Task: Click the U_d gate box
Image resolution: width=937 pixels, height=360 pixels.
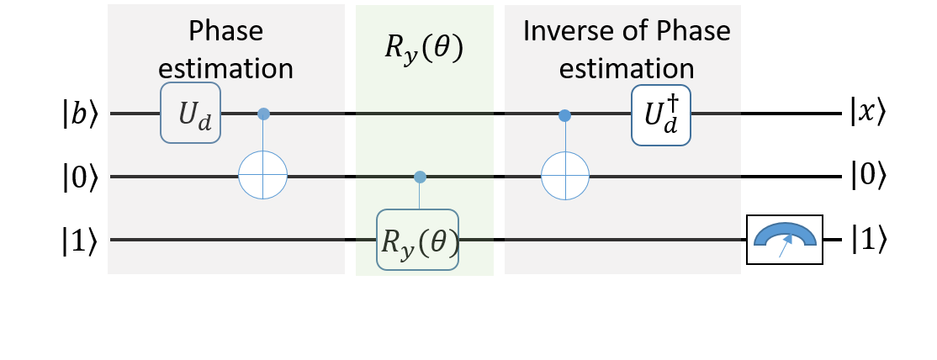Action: tap(191, 113)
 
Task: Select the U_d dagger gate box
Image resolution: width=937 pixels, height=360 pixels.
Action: tap(661, 115)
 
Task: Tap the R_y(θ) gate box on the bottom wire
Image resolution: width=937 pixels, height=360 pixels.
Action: tap(419, 240)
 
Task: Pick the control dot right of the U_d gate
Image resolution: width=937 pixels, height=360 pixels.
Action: tap(263, 114)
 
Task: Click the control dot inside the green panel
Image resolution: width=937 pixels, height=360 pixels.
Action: tap(420, 177)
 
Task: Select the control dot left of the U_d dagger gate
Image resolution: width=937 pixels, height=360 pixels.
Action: tap(564, 114)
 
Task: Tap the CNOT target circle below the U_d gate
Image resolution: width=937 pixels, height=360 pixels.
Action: tap(263, 176)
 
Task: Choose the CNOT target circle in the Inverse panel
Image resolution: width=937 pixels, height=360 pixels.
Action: tap(564, 176)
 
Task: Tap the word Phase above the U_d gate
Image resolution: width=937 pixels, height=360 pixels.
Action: tap(225, 31)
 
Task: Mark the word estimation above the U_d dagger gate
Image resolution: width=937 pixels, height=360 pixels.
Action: tap(627, 68)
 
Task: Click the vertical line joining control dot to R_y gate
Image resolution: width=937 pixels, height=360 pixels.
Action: tap(420, 195)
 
